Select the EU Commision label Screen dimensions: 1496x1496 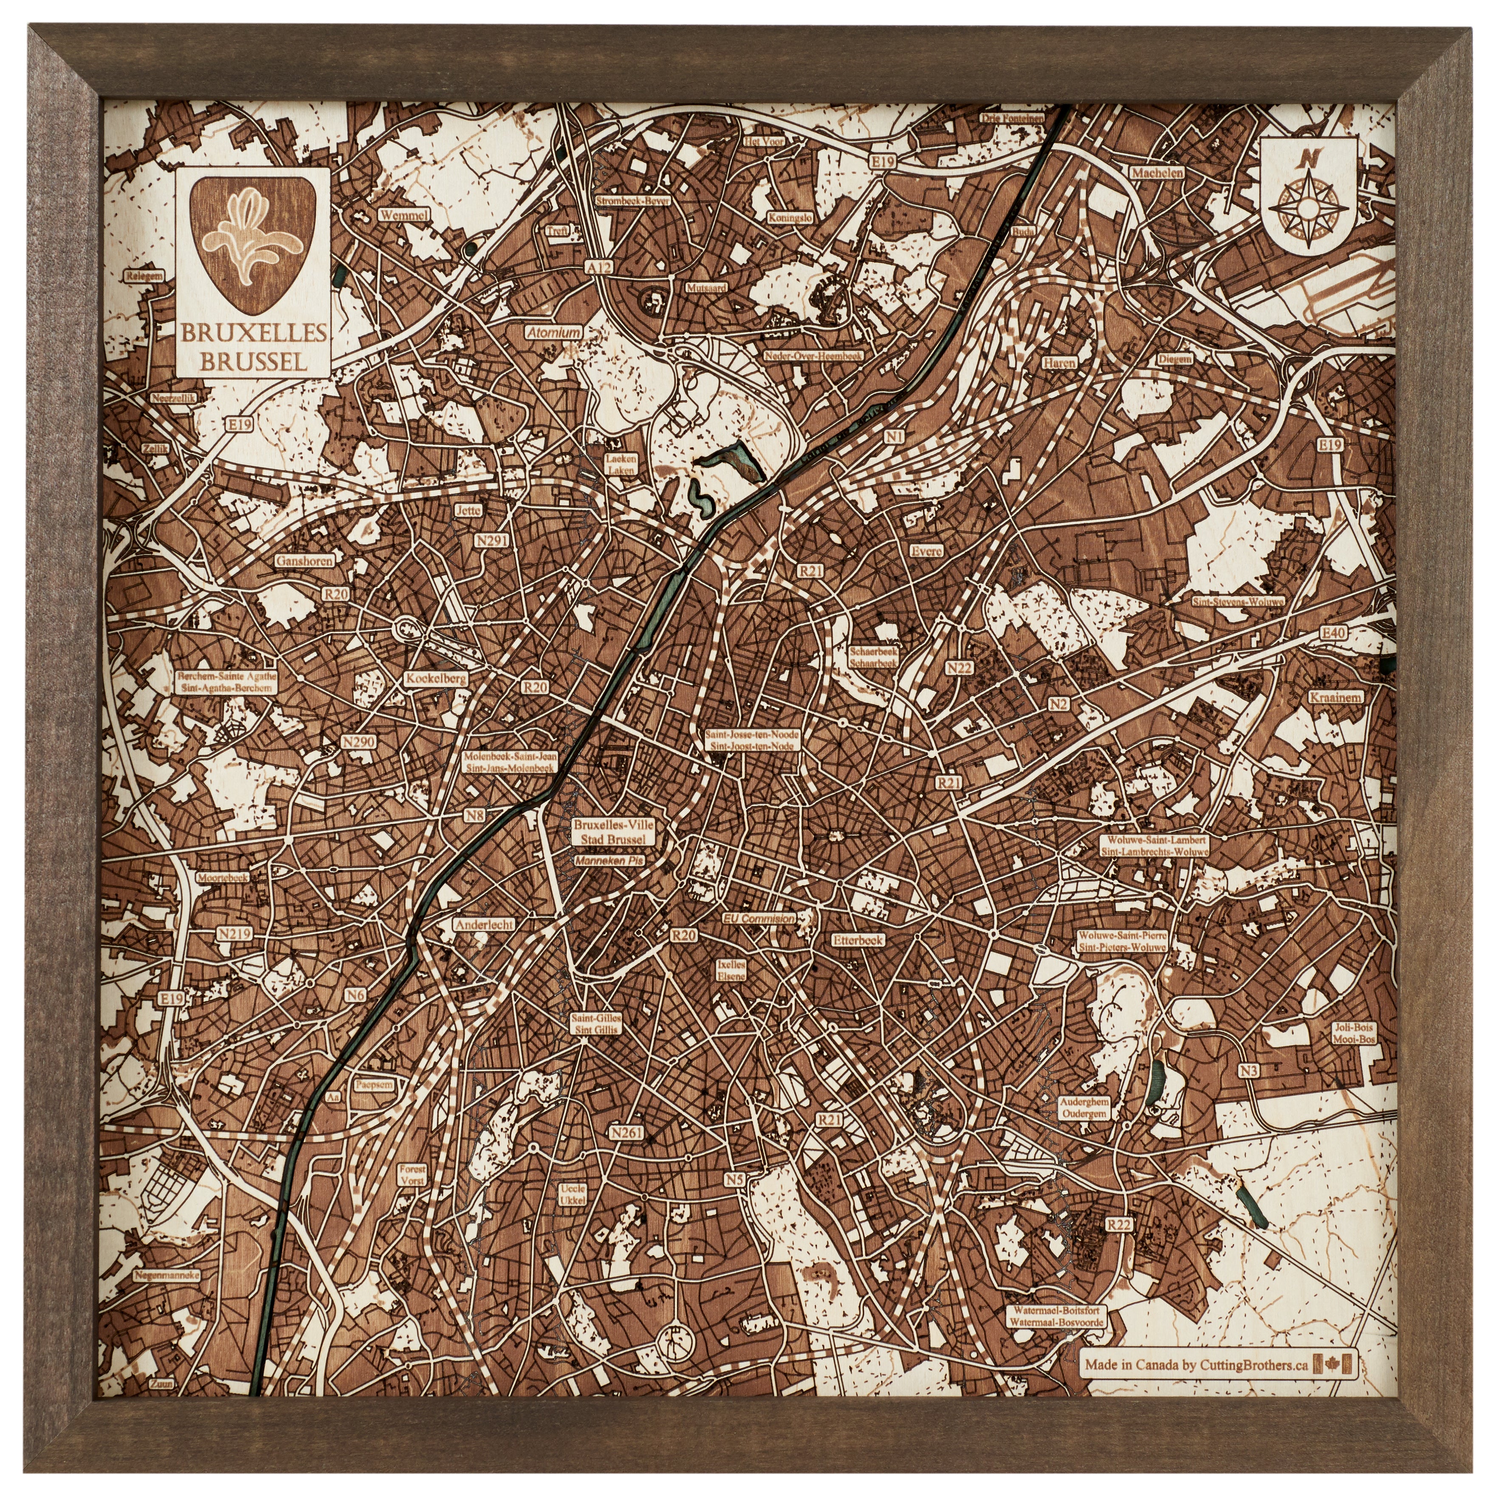(758, 918)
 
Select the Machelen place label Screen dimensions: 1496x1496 (1157, 173)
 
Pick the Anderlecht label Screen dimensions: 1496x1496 (484, 925)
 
